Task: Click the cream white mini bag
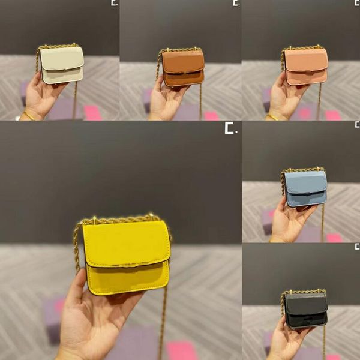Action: pos(62,65)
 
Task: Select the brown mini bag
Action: pos(183,67)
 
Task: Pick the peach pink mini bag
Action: pos(306,67)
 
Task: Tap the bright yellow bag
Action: pos(125,255)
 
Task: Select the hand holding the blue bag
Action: pos(288,222)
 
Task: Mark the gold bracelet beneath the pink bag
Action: pos(271,117)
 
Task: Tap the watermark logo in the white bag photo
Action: pos(114,4)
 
